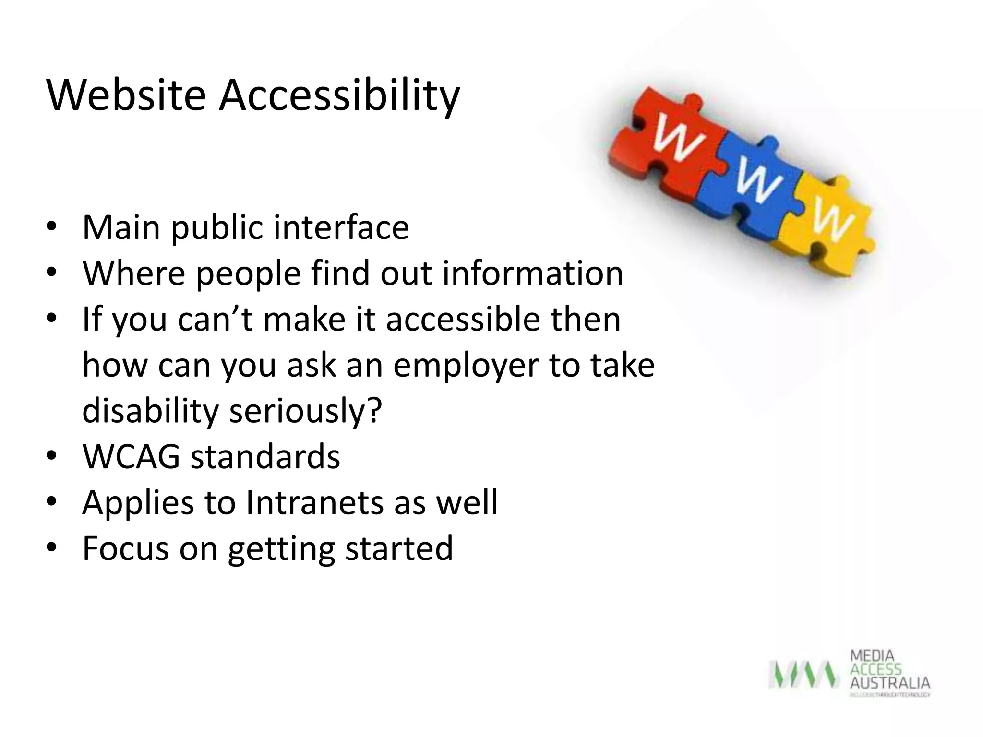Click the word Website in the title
tap(126, 95)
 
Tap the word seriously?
tap(305, 411)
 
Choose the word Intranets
tap(314, 502)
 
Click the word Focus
tap(125, 548)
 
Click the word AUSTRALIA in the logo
tap(890, 683)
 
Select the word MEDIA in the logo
tap(872, 656)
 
